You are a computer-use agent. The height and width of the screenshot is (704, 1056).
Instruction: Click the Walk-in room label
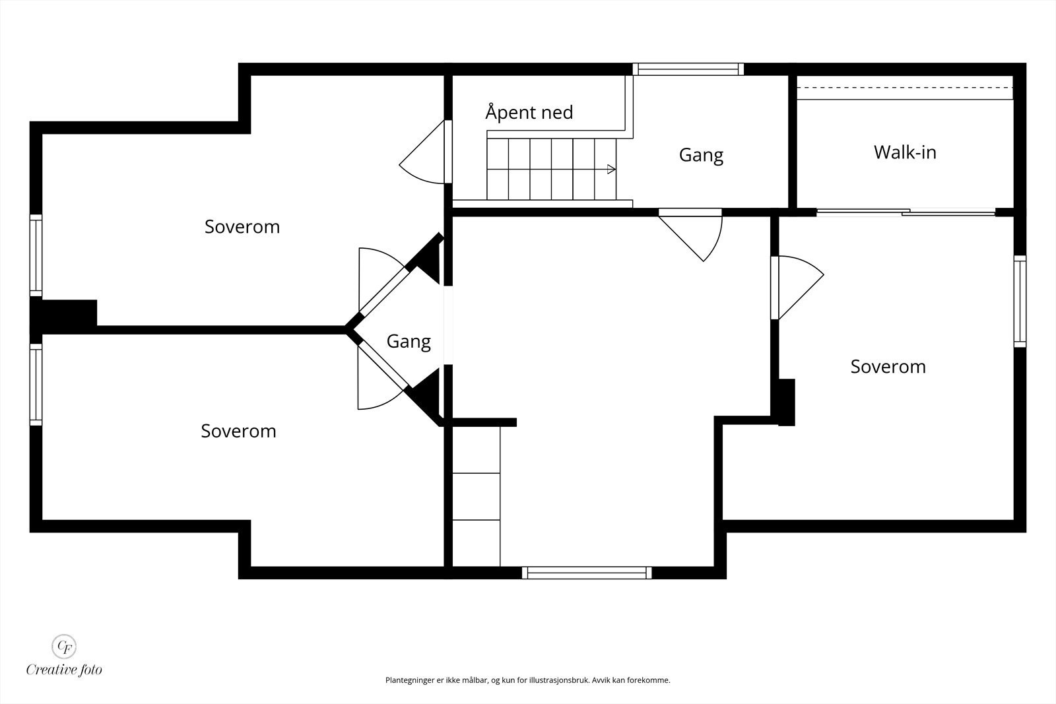905,152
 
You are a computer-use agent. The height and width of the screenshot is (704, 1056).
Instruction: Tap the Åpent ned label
529,112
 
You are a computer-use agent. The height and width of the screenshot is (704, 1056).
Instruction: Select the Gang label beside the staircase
701,155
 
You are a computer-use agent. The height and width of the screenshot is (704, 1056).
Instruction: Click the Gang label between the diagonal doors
409,341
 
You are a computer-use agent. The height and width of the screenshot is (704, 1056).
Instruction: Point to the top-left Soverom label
242,227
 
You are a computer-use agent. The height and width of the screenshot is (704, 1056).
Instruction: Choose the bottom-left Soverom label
238,431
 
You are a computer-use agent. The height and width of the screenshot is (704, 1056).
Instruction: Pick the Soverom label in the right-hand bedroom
888,367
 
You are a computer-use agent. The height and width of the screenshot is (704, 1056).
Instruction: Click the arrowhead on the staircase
611,169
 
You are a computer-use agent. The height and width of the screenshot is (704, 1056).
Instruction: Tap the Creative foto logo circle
63,646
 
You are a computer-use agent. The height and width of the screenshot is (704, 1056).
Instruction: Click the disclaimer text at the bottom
527,680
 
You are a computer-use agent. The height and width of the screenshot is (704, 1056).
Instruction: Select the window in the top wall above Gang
688,69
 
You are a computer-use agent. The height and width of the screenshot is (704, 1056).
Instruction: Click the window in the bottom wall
587,573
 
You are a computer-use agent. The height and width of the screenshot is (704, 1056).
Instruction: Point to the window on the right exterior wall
1020,302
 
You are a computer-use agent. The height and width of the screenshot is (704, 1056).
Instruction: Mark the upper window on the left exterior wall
36,255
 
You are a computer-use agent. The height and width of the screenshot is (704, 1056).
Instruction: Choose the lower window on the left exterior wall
36,385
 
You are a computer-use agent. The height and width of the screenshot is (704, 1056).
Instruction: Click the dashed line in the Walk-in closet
905,88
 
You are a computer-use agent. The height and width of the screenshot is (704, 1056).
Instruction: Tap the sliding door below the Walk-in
906,212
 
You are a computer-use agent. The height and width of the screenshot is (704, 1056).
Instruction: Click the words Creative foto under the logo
64,670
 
